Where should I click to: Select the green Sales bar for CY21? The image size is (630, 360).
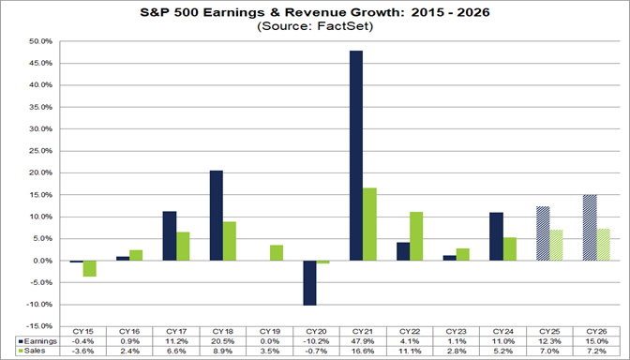click(x=370, y=224)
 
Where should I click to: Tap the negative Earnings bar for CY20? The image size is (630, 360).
click(x=309, y=282)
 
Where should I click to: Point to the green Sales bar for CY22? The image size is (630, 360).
click(x=416, y=236)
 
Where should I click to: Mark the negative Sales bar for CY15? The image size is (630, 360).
click(x=90, y=268)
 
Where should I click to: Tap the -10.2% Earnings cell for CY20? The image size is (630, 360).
click(x=316, y=338)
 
